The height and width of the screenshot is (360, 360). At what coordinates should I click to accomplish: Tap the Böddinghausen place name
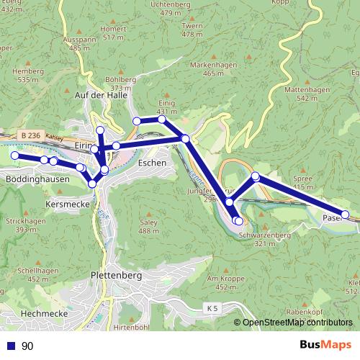pyautogui.click(x=37, y=179)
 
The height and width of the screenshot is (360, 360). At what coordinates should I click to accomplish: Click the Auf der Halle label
pyautogui.click(x=100, y=94)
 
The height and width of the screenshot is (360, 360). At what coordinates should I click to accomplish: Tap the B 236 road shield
pyautogui.click(x=30, y=134)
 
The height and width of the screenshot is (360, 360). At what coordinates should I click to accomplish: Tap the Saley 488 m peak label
pyautogui.click(x=148, y=227)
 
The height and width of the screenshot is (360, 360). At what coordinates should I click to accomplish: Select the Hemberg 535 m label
pyautogui.click(x=29, y=75)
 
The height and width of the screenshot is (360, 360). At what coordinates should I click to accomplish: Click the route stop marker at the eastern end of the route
pyautogui.click(x=345, y=215)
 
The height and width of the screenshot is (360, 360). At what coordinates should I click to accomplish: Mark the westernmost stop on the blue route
pyautogui.click(x=14, y=155)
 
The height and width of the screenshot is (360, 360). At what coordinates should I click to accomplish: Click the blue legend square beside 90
pyautogui.click(x=12, y=346)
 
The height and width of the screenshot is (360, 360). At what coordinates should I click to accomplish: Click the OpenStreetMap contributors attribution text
pyautogui.click(x=297, y=323)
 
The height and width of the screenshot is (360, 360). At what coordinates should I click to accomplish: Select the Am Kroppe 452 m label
pyautogui.click(x=221, y=282)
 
